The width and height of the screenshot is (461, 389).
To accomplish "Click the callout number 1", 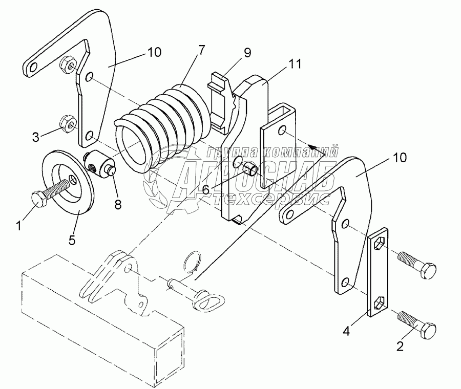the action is coord(18,226).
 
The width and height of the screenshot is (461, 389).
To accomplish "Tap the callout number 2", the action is coord(400,346).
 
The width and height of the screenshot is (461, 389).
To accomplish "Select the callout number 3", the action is coord(35,137).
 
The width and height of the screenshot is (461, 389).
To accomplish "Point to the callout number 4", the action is coord(346,331).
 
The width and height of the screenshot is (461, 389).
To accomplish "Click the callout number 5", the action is coord(72,240).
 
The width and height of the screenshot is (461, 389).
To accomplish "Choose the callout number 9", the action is coord(247,53).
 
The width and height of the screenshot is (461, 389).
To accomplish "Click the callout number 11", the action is coord(295,64).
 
